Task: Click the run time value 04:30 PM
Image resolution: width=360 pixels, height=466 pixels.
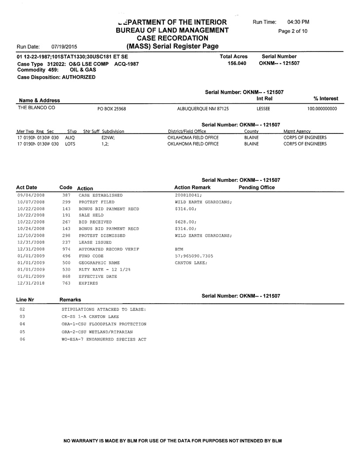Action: click(298, 22)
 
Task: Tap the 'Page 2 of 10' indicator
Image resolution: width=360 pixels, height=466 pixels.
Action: click(292, 31)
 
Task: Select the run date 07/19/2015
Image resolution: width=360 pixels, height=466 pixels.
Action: click(64, 46)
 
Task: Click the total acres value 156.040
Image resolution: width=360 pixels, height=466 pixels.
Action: click(237, 63)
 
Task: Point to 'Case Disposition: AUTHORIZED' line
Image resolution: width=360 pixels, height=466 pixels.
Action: click(56, 77)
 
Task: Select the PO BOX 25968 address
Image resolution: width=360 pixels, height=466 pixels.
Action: click(111, 109)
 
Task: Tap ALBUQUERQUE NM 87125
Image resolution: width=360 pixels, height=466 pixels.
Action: click(203, 109)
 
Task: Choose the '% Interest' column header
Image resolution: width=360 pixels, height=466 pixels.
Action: click(325, 98)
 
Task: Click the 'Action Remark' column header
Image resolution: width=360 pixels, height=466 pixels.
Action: click(192, 188)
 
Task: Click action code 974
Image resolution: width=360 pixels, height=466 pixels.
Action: click(67, 249)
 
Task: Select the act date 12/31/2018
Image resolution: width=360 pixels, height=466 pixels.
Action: click(31, 282)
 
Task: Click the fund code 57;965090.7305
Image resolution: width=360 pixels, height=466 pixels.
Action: click(194, 256)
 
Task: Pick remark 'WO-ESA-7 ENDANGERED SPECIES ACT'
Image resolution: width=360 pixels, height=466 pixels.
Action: click(104, 340)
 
